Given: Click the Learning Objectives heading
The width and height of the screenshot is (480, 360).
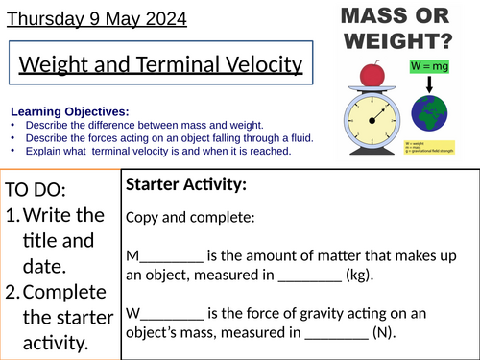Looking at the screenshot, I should (62, 110).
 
